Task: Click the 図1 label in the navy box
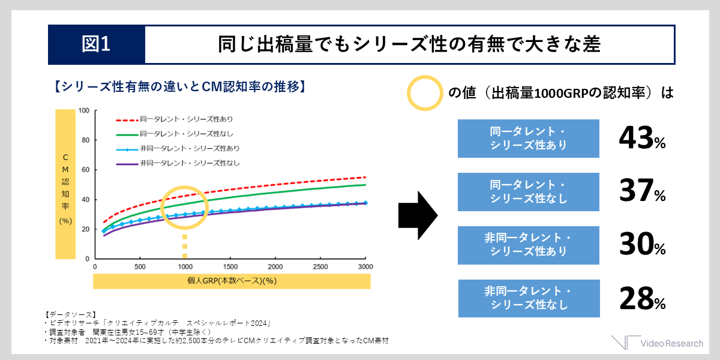96,44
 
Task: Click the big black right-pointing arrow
418,215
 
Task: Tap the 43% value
642,138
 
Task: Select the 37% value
642,191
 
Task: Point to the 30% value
642,245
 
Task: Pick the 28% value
642,298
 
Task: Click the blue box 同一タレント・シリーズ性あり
529,139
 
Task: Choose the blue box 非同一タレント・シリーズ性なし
529,298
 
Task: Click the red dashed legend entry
175,119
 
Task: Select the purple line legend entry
178,163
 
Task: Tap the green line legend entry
175,134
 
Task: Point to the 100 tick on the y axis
83,110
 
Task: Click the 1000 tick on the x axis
185,266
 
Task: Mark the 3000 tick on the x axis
365,266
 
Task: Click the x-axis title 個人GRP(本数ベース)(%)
232,281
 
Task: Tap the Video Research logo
657,343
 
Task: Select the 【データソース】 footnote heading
70,314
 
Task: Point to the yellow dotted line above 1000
185,247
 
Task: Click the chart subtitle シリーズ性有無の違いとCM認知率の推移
180,87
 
